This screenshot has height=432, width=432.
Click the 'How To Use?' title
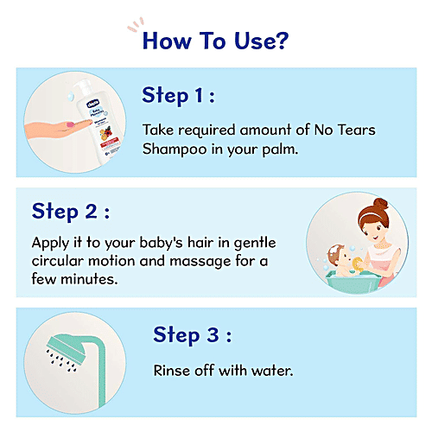[x=215, y=41]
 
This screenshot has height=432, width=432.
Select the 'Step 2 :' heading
[x=71, y=212]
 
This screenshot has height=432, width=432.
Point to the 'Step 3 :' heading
[x=193, y=334]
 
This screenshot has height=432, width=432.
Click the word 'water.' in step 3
[x=271, y=371]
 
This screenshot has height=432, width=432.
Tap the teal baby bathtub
[x=342, y=280]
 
